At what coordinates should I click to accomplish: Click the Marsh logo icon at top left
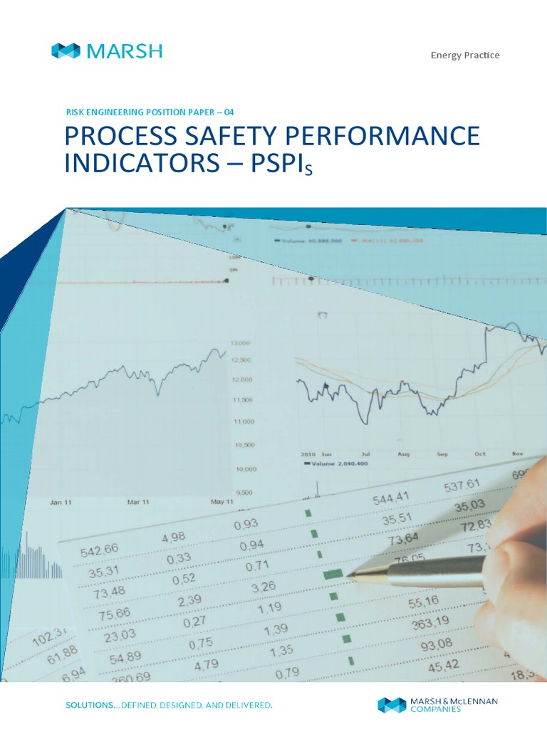(x=66, y=51)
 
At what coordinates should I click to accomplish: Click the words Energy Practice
(x=465, y=56)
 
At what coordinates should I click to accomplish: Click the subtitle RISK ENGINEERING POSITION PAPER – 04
(x=150, y=112)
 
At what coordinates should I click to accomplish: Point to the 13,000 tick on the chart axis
(x=240, y=343)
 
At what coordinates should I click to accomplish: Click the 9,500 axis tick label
(x=244, y=492)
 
